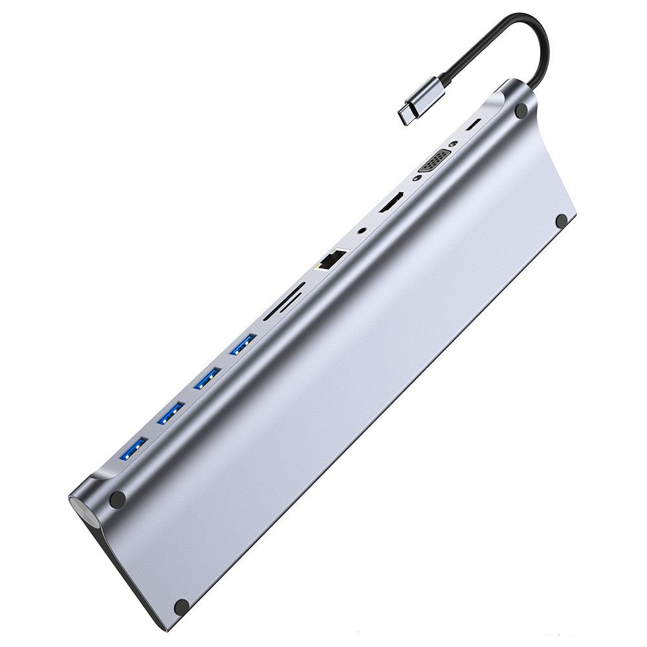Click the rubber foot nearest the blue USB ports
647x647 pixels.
click(x=118, y=499)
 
